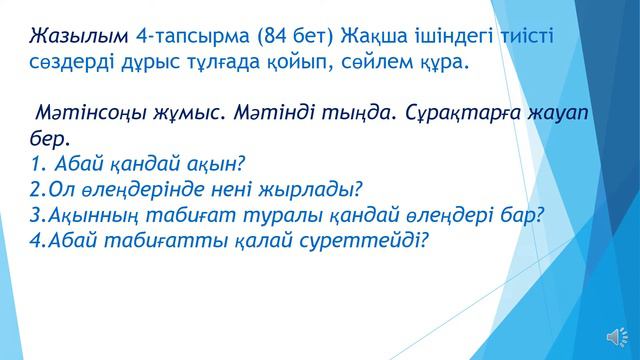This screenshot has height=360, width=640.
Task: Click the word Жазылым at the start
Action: point(76,38)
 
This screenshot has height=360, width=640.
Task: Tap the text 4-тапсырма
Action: point(191,38)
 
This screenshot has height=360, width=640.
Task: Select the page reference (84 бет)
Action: point(297,38)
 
